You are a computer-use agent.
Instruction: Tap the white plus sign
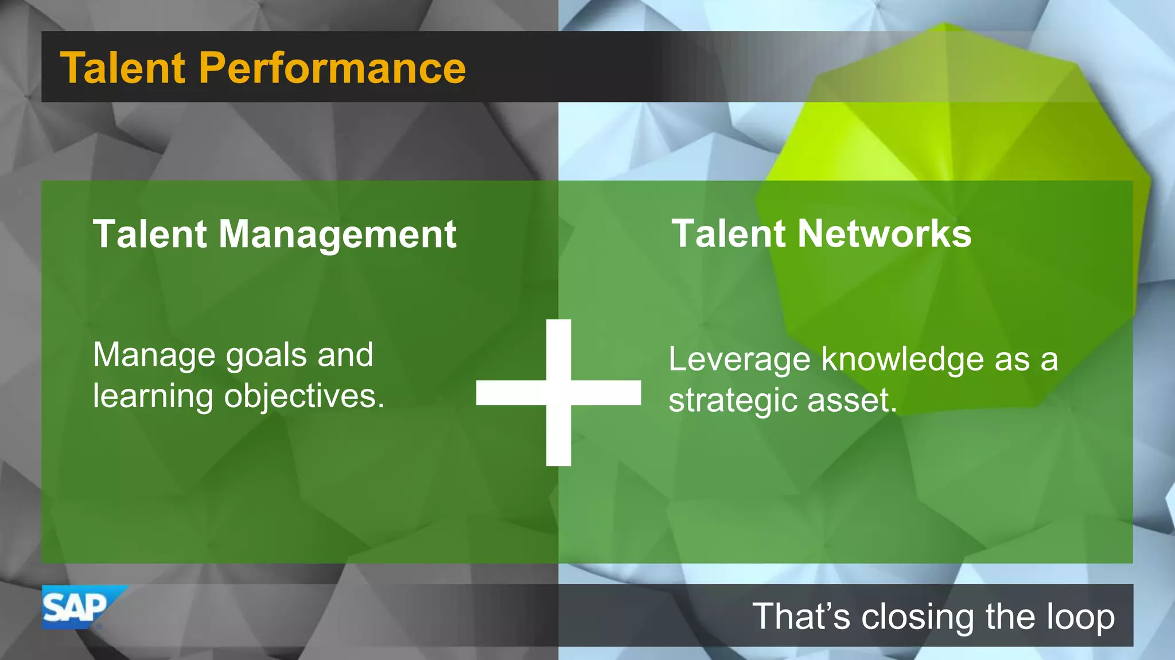[x=558, y=393]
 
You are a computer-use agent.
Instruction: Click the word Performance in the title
[x=332, y=68]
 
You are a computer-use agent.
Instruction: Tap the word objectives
[x=304, y=397]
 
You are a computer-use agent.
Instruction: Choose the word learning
[x=153, y=397]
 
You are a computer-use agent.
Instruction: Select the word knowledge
[x=902, y=360]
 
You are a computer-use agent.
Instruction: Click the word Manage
[x=154, y=356]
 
